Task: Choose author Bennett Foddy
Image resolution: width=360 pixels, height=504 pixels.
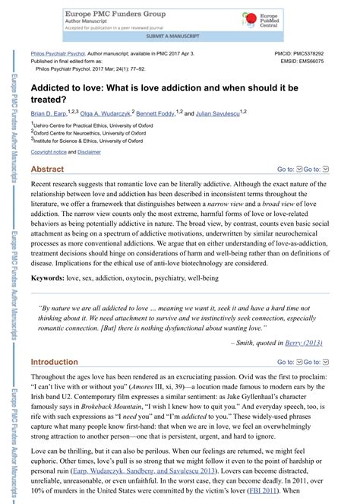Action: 156,113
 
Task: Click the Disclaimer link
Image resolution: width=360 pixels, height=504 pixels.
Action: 89,152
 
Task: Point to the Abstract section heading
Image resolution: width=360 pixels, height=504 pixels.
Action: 47,169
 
